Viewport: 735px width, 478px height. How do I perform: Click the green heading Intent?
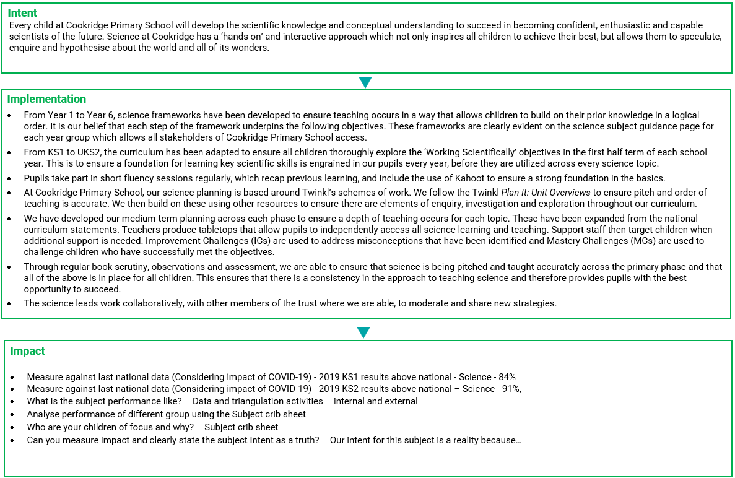(x=22, y=13)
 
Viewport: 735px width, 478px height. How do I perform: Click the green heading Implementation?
(x=46, y=99)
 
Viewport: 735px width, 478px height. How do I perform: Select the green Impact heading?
(x=27, y=351)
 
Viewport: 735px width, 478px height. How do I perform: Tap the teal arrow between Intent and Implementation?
(x=365, y=82)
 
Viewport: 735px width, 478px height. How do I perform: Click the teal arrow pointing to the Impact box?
(x=363, y=332)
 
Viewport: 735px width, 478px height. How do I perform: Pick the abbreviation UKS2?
(x=82, y=152)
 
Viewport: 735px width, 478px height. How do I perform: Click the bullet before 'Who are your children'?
(x=12, y=428)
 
